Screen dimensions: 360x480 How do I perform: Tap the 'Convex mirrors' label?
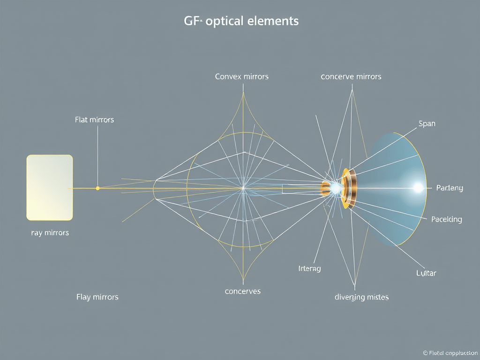point(241,76)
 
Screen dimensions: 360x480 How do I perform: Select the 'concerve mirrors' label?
point(351,76)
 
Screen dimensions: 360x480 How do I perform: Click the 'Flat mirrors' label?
point(94,120)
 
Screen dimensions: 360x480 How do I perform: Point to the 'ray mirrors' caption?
point(50,232)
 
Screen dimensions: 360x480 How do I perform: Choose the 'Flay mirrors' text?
point(97,297)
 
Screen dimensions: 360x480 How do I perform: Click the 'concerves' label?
point(242,291)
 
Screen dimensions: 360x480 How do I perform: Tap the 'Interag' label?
point(309,269)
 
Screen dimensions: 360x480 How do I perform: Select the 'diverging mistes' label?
point(361,297)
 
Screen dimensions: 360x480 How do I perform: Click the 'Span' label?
point(427,124)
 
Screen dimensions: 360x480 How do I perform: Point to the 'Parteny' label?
point(449,188)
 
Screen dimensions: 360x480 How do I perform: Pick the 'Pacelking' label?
point(446,219)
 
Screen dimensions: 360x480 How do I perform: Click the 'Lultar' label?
point(426,273)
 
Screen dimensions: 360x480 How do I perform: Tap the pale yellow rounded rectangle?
point(50,187)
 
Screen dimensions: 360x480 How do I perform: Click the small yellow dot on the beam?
point(97,188)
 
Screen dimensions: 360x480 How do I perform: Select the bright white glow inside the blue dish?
point(417,188)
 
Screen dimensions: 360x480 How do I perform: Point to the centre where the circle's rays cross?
point(243,188)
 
